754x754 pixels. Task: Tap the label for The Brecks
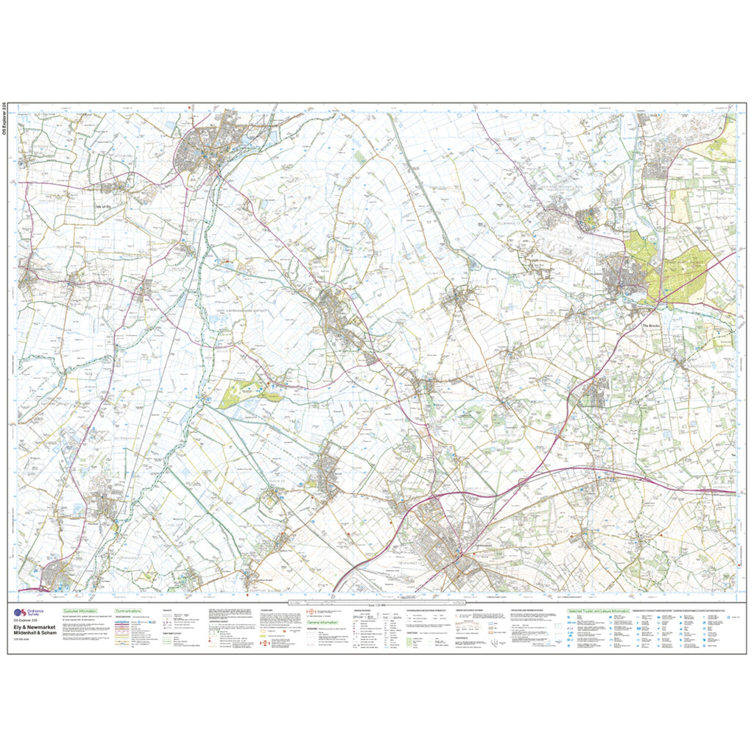tap(653, 326)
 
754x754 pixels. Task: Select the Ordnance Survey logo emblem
tap(20, 613)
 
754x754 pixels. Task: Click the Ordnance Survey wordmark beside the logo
tap(36, 613)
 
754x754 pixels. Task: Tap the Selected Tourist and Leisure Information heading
tap(598, 611)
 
